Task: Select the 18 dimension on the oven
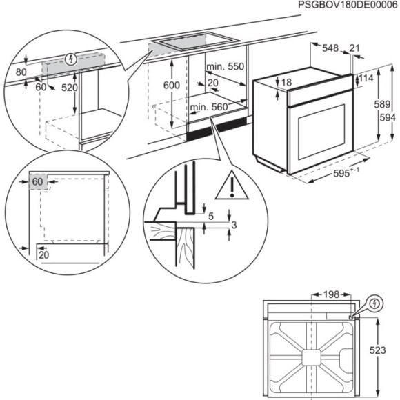[x=287, y=83]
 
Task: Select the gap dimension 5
[x=211, y=217]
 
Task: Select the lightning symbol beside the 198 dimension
[x=374, y=303]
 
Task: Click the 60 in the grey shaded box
[x=37, y=181]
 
